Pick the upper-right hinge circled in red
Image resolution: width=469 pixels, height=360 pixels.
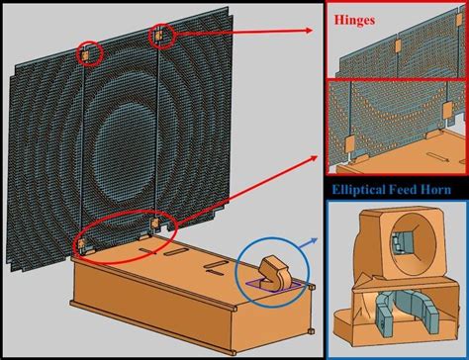pyautogui.click(x=161, y=37)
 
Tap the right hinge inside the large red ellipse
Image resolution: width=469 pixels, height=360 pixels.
pyautogui.click(x=154, y=227)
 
